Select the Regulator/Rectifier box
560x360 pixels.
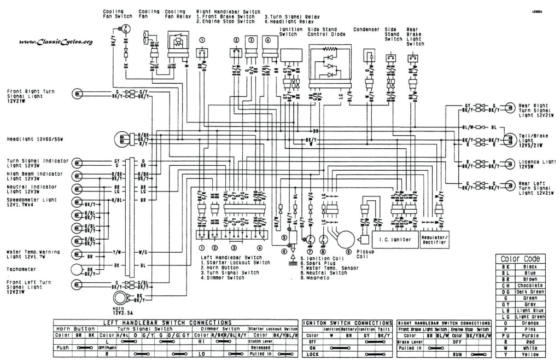pyautogui.click(x=435, y=239)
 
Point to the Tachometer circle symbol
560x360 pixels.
pyautogui.click(x=78, y=269)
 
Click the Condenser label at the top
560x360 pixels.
pyautogui.click(x=367, y=30)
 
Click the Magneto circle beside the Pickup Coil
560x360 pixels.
pyautogui.click(x=345, y=239)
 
